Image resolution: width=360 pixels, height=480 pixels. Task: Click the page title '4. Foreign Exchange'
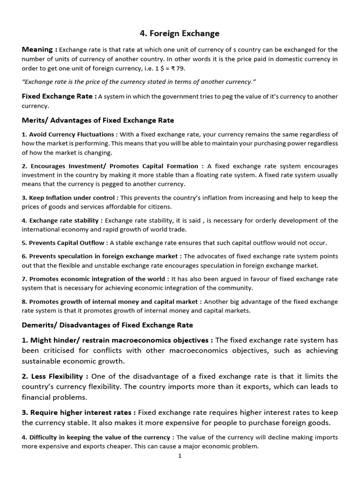(x=180, y=33)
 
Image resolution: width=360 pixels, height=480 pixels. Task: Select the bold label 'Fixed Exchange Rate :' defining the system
(x=59, y=96)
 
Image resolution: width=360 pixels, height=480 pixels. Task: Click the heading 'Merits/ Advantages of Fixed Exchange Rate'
(x=98, y=120)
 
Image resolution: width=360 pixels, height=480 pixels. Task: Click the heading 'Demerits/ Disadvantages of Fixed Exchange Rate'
(x=107, y=325)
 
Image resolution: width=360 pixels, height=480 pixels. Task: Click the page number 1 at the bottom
(x=180, y=456)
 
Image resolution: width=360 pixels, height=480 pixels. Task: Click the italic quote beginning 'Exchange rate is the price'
(x=139, y=82)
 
